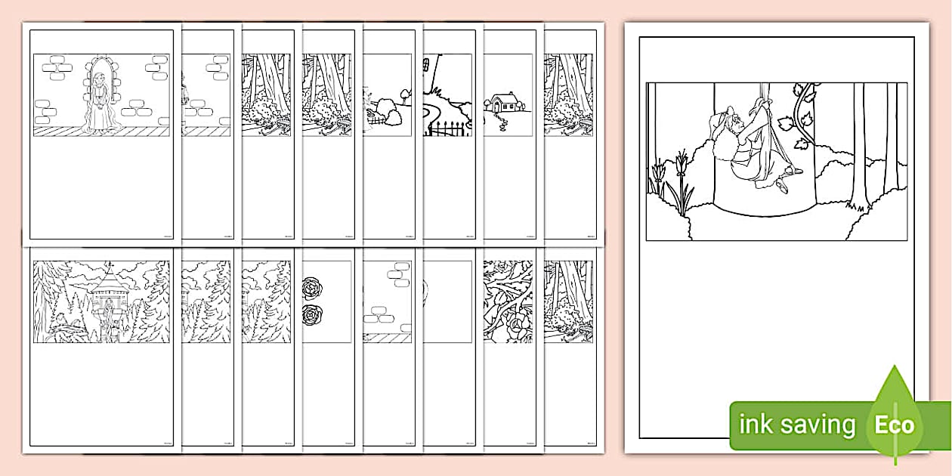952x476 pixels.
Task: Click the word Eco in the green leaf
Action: tap(895, 425)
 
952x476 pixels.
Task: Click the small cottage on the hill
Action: tap(501, 102)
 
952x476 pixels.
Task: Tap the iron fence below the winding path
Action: tap(448, 130)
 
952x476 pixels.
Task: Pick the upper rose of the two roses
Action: tap(311, 287)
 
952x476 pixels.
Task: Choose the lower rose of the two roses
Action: tap(311, 314)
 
